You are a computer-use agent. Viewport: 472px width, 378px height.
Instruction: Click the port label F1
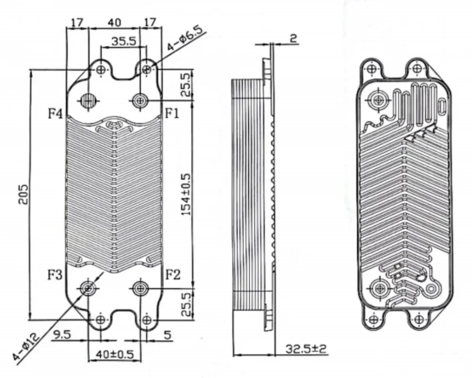pos(172,113)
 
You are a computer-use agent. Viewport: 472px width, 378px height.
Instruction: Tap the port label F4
pos(55,113)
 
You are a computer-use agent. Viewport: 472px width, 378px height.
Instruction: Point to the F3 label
pos(55,275)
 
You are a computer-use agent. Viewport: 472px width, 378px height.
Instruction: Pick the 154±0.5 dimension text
pos(187,194)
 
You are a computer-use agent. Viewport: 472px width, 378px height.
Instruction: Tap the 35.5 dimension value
pos(124,41)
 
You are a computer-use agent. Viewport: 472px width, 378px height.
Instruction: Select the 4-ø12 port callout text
pos(25,348)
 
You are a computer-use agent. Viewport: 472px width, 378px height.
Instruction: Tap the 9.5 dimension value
pos(62,335)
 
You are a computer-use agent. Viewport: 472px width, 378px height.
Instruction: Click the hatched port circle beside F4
pos(88,100)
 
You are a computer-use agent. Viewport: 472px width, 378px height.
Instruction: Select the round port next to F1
pos(140,100)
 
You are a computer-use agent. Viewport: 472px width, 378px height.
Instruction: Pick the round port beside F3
pos(88,287)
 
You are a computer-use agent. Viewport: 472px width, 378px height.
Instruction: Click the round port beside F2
pos(140,287)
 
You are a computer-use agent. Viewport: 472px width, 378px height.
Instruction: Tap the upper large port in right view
pos(378,99)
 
